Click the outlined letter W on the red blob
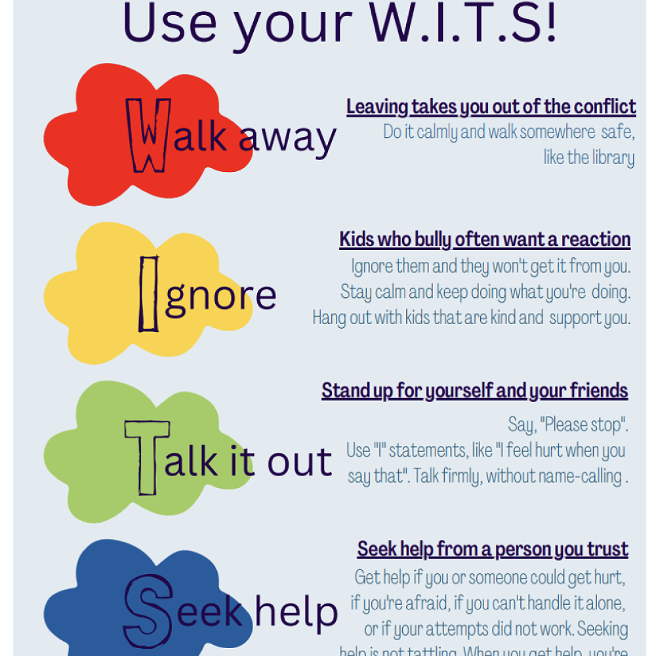pos(149,135)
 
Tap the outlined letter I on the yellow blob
pos(149,294)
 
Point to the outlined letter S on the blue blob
pos(147,612)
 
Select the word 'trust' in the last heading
pos(610,549)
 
